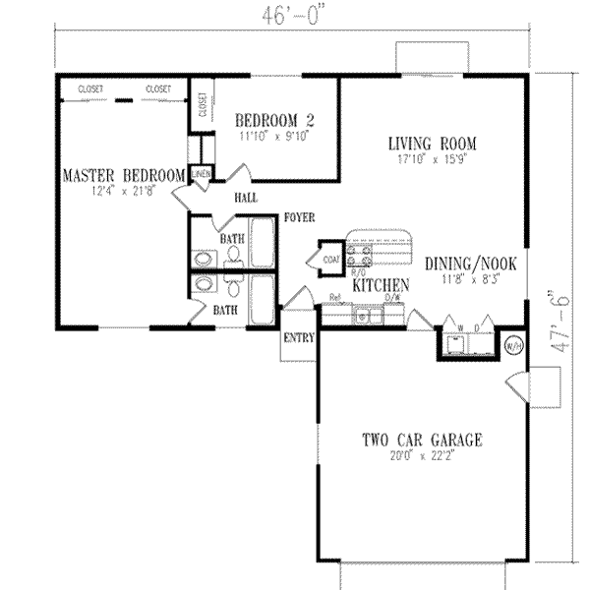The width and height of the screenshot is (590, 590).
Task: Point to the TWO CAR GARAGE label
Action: click(x=424, y=441)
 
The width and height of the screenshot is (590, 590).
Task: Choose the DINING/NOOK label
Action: click(x=470, y=264)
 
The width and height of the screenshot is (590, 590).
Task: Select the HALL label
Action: click(x=246, y=198)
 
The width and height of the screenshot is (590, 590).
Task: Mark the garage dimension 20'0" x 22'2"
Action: click(x=424, y=456)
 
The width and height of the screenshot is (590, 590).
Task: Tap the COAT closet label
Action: click(x=329, y=260)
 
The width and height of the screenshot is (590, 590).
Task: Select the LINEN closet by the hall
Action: click(x=202, y=175)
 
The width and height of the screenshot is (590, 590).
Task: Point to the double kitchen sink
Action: click(x=368, y=316)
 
